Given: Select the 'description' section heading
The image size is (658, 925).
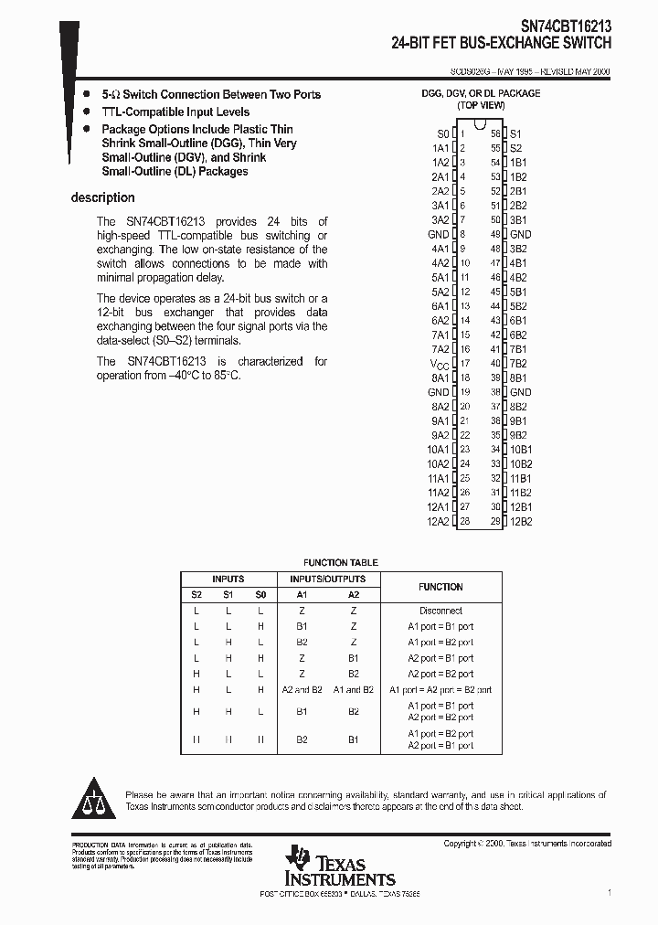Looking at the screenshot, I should coord(102,197).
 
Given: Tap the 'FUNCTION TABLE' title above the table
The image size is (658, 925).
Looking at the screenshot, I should coord(340,563).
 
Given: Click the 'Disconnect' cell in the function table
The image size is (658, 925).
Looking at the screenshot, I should coord(440,611).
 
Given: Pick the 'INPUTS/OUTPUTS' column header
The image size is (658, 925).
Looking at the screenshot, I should coord(327,579).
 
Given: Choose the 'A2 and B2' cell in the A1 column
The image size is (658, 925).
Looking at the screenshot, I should coord(302,690).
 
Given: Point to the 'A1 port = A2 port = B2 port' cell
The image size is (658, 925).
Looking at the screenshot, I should coord(440,690).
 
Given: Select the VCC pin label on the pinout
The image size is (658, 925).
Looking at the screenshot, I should coord(440,364).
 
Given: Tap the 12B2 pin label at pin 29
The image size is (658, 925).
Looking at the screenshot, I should coord(520,521).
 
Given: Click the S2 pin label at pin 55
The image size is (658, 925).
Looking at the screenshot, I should coord(515,147).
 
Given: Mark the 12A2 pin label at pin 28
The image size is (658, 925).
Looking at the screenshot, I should coord(438,521).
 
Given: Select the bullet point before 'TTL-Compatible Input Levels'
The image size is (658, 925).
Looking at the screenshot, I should coord(85,112).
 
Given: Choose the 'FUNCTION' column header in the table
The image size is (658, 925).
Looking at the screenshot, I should coord(440,587).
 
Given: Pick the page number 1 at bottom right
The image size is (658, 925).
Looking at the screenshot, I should coord(610,891).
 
